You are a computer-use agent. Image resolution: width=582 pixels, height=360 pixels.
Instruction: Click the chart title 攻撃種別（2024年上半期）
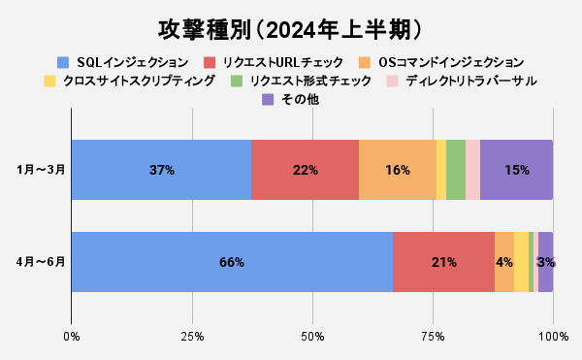(x=291, y=24)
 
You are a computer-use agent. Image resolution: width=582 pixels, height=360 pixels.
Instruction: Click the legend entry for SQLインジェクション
(x=122, y=61)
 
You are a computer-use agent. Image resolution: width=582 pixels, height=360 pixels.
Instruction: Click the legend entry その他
(x=290, y=98)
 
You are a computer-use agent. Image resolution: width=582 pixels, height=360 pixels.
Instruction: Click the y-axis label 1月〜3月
(x=42, y=170)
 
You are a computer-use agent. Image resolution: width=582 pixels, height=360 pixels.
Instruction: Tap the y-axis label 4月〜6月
(x=42, y=262)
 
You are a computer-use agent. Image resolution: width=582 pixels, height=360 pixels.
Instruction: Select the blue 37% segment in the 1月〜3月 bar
(x=161, y=170)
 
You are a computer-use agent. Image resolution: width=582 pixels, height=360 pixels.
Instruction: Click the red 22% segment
(x=305, y=170)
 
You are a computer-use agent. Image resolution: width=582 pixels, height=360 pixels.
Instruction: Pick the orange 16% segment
(x=397, y=170)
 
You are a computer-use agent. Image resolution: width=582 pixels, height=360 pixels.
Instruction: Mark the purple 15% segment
(x=516, y=170)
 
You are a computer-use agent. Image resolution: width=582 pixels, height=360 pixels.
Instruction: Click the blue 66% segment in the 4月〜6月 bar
(x=232, y=262)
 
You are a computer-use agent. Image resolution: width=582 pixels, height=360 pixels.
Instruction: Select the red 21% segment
(x=443, y=262)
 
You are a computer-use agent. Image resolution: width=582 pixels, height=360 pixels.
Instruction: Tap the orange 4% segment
(x=504, y=262)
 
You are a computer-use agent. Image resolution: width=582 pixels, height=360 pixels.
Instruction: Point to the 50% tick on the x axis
(x=312, y=336)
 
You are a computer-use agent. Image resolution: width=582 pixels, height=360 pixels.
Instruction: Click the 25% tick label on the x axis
(x=192, y=336)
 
